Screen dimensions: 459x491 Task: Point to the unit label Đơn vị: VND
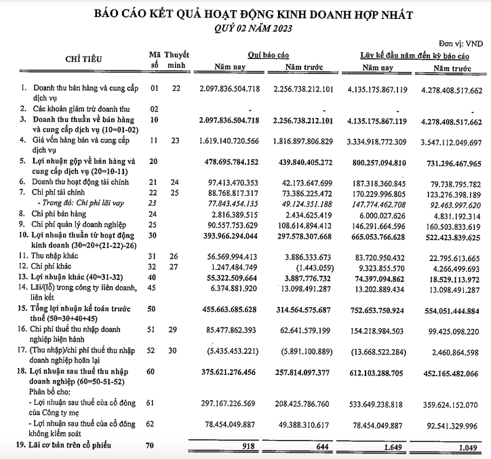[x=466, y=42]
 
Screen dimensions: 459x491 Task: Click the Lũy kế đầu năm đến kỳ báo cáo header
[x=415, y=54]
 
